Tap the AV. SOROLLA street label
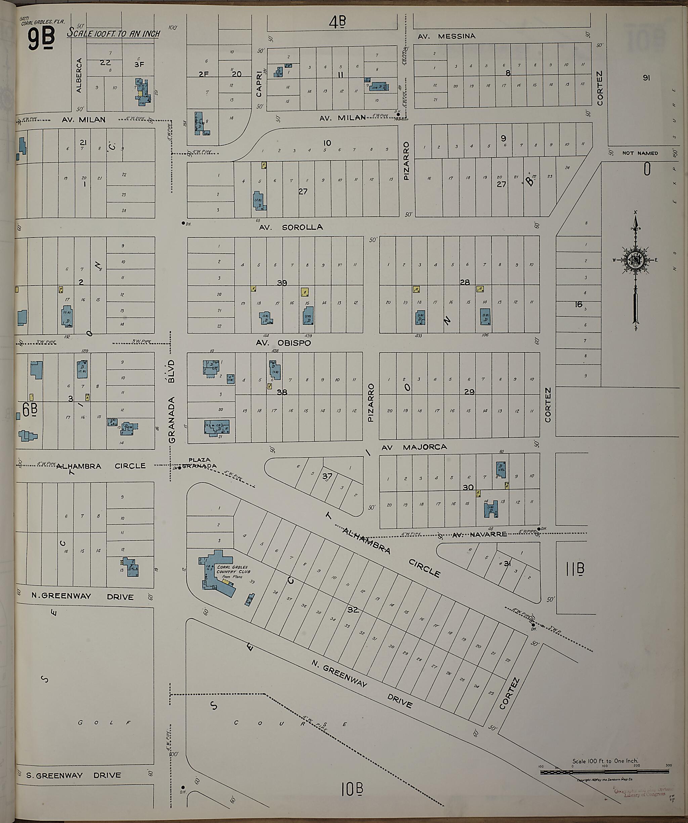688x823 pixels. (291, 227)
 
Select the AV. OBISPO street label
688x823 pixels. (283, 343)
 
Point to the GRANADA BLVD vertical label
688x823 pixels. (172, 402)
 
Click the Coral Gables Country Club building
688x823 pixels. (217, 575)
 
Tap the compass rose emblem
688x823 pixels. (634, 261)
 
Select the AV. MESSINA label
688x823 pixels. (446, 36)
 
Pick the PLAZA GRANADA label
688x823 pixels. (200, 463)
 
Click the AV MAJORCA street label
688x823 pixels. (414, 447)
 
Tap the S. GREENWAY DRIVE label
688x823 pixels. (74, 776)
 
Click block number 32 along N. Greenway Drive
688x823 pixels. (353, 610)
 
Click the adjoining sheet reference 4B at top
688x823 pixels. (338, 23)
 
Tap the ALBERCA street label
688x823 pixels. (79, 75)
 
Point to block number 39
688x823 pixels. (282, 283)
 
